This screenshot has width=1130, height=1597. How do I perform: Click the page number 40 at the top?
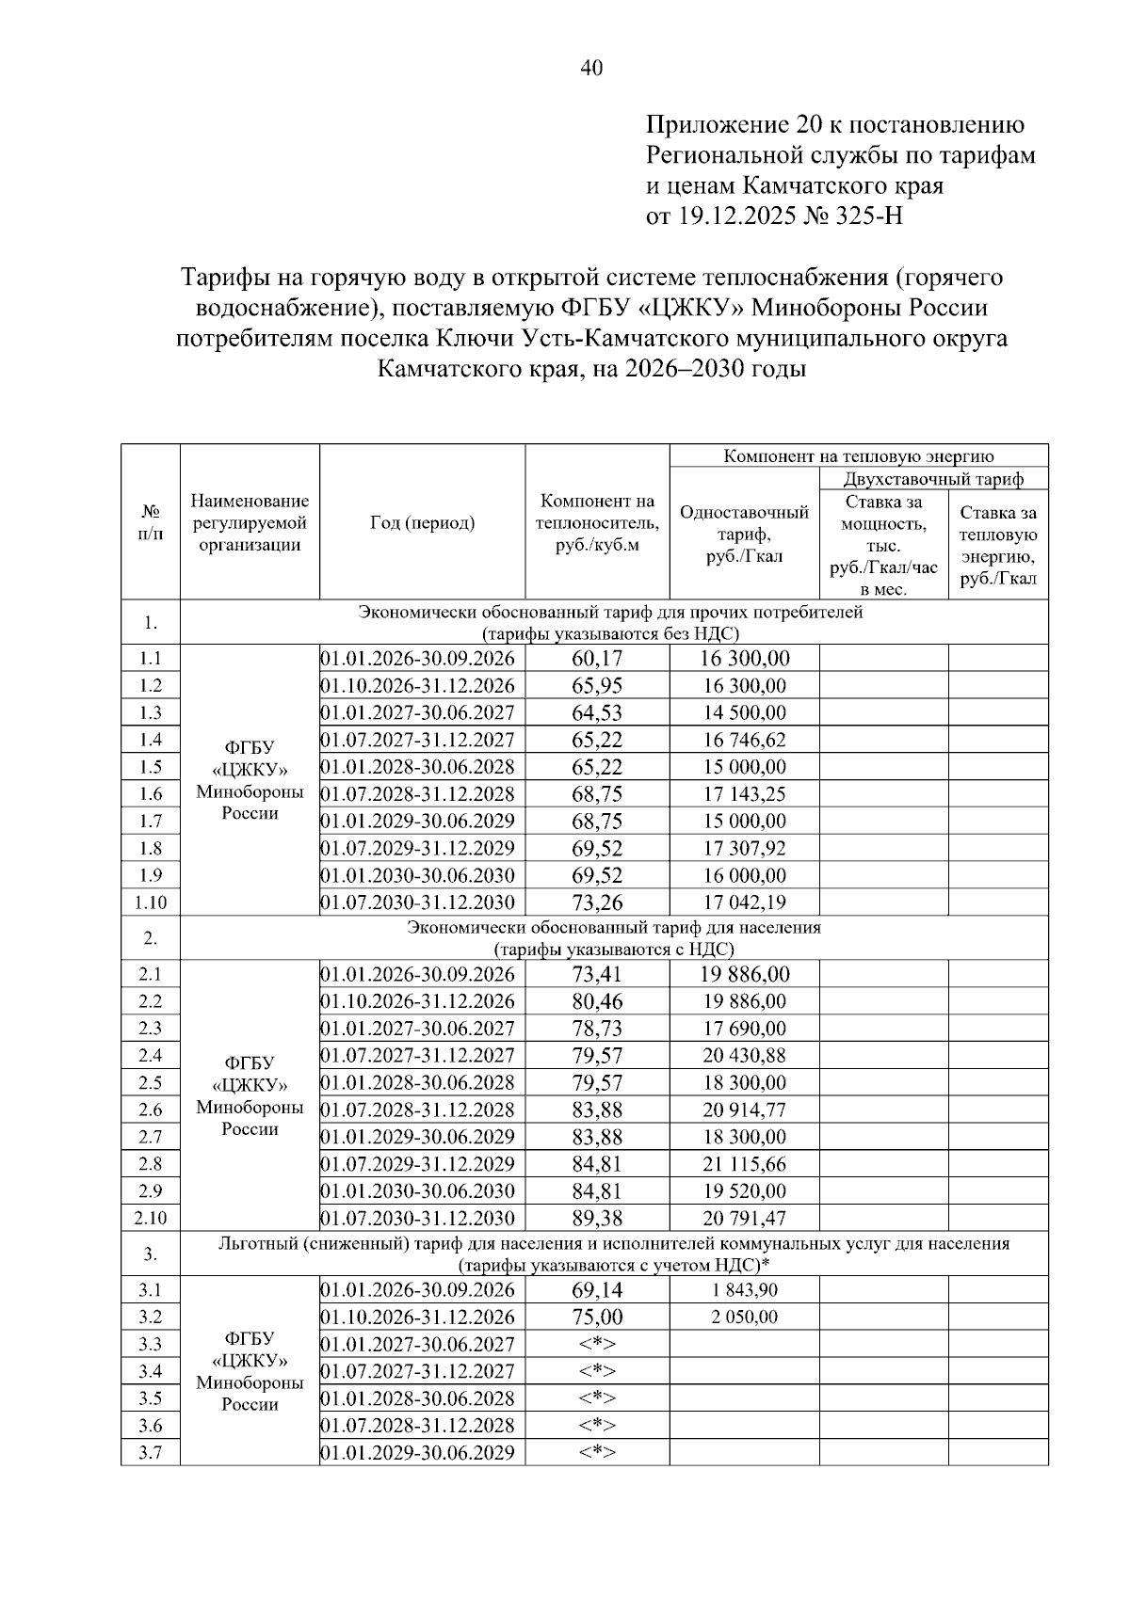pos(591,68)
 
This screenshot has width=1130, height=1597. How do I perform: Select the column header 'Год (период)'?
pos(422,523)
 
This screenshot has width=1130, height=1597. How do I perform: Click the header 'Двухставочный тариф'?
pos(933,479)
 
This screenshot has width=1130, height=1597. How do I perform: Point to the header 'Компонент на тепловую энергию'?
pos(858,456)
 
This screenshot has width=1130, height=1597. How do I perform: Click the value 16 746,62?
pos(744,740)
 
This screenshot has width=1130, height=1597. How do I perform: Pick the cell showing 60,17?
pos(597,659)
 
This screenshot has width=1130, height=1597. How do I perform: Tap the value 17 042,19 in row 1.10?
pos(744,902)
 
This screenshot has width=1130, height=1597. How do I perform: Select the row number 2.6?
pos(151,1110)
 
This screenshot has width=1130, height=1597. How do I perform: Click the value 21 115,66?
pos(744,1164)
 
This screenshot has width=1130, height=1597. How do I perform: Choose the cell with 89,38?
pos(597,1219)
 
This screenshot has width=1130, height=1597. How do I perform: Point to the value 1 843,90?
pos(744,1290)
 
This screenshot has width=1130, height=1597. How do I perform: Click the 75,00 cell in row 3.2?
pos(597,1318)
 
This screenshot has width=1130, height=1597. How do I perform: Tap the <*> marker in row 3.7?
pos(597,1452)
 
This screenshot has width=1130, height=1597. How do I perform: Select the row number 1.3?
pos(151,712)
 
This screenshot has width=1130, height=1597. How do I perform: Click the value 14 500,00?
pos(744,712)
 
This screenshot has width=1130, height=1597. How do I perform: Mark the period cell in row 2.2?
pos(422,1001)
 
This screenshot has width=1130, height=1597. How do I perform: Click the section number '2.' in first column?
pos(151,938)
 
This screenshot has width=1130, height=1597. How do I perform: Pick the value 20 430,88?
pos(744,1056)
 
